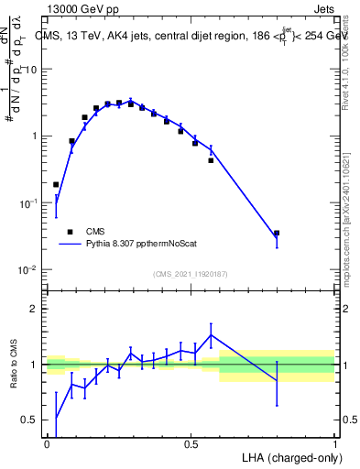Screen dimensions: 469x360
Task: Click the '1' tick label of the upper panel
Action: (x=34, y=136)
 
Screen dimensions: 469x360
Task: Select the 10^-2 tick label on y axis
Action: (x=28, y=270)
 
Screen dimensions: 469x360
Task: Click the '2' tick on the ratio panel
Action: (x=34, y=309)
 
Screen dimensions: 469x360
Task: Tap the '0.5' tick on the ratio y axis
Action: (x=30, y=420)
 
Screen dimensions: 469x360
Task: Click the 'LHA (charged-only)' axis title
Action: (x=291, y=456)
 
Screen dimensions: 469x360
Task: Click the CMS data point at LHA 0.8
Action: (x=277, y=234)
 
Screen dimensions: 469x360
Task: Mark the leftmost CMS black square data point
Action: (x=56, y=184)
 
